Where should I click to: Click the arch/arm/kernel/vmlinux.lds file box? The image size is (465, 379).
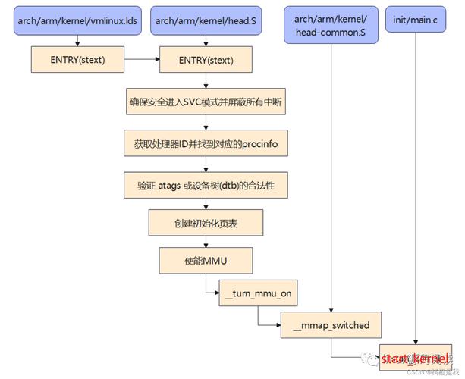click(77, 21)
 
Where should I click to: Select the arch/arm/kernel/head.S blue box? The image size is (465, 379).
click(206, 21)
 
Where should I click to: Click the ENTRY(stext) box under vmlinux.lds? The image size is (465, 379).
click(77, 59)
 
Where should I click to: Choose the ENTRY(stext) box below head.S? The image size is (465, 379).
click(206, 59)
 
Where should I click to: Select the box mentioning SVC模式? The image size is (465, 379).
click(206, 101)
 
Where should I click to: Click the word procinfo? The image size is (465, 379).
click(265, 143)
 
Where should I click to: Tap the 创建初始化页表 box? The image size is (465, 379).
click(206, 224)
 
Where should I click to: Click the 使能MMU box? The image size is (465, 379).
click(206, 261)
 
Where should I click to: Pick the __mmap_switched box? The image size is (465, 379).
click(331, 325)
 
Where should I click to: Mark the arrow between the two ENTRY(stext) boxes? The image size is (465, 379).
click(142, 59)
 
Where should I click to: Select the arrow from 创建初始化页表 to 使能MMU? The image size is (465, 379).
click(206, 242)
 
